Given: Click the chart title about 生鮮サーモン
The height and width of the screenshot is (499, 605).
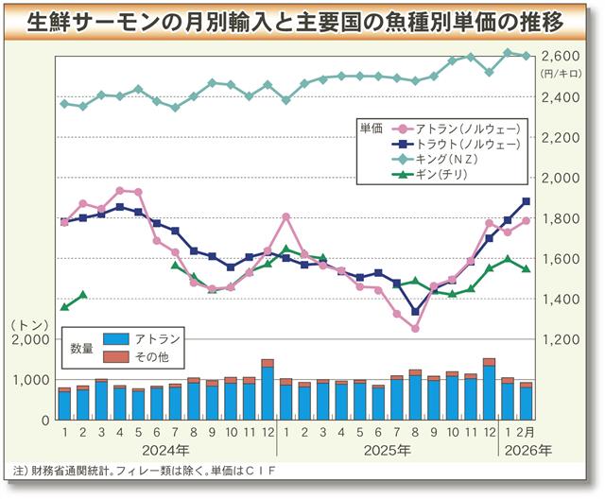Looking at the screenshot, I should tap(302, 20).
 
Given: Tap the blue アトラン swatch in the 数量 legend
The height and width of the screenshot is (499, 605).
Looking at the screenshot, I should tap(114, 338).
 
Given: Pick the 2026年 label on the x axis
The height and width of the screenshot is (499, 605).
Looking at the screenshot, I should tap(529, 450).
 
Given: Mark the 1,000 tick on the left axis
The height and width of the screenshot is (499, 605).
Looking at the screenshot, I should tap(34, 379).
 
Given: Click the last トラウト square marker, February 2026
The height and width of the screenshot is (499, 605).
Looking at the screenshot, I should tap(526, 201).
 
